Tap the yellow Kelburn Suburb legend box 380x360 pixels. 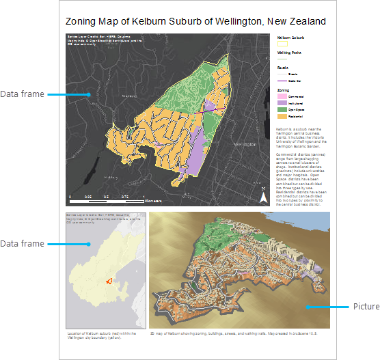click(282, 43)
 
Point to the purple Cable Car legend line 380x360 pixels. click(282, 81)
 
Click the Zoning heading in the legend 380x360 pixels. click(283, 89)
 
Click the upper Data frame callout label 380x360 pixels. click(22, 94)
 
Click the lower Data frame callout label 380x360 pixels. click(22, 244)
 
